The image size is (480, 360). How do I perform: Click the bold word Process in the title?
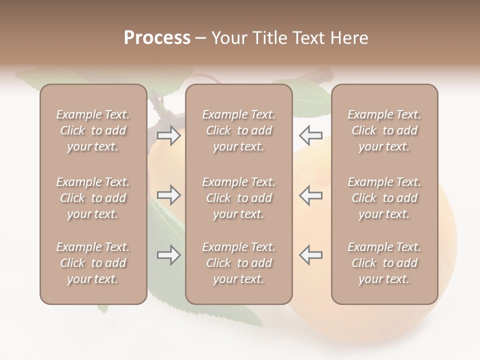157,37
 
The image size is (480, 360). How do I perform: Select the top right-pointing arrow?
168,135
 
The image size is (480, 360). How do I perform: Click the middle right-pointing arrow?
168,195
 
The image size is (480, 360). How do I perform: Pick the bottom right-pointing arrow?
168,255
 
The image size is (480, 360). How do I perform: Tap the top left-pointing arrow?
310,135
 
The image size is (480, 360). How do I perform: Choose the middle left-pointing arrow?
310,195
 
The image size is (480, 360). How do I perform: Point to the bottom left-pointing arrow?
310,255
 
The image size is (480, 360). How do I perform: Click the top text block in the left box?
93,130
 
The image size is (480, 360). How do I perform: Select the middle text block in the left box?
93,198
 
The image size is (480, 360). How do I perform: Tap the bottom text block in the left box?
93,263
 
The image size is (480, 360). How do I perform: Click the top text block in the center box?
239,130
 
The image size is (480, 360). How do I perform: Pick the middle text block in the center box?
239,198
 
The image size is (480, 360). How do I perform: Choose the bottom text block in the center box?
239,263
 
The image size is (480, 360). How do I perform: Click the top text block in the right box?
384,130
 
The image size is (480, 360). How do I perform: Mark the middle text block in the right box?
384,198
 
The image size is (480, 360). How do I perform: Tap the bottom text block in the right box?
384,263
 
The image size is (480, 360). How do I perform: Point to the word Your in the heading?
228,37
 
